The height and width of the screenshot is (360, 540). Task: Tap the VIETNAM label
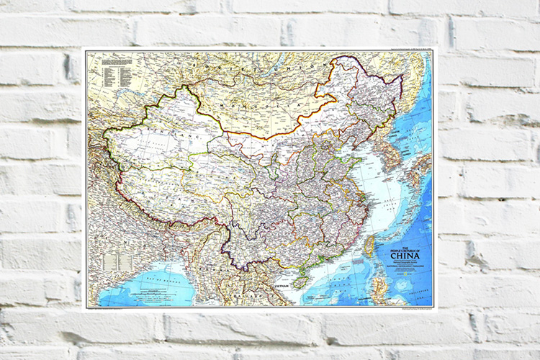[x=281, y=286]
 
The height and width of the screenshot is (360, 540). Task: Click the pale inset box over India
[x=111, y=259]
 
